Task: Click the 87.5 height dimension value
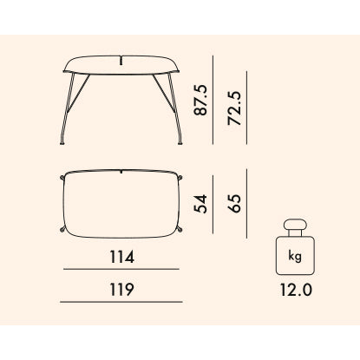[x=200, y=100]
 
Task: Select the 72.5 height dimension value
[x=234, y=108]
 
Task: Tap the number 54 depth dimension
[x=200, y=204]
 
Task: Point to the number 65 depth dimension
[x=234, y=204]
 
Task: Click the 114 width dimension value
[x=121, y=257]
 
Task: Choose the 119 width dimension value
[x=121, y=290]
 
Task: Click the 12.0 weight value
[x=296, y=290]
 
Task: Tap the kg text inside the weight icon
[x=295, y=256]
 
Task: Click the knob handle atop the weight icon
[x=295, y=225]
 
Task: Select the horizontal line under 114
[x=121, y=269]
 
